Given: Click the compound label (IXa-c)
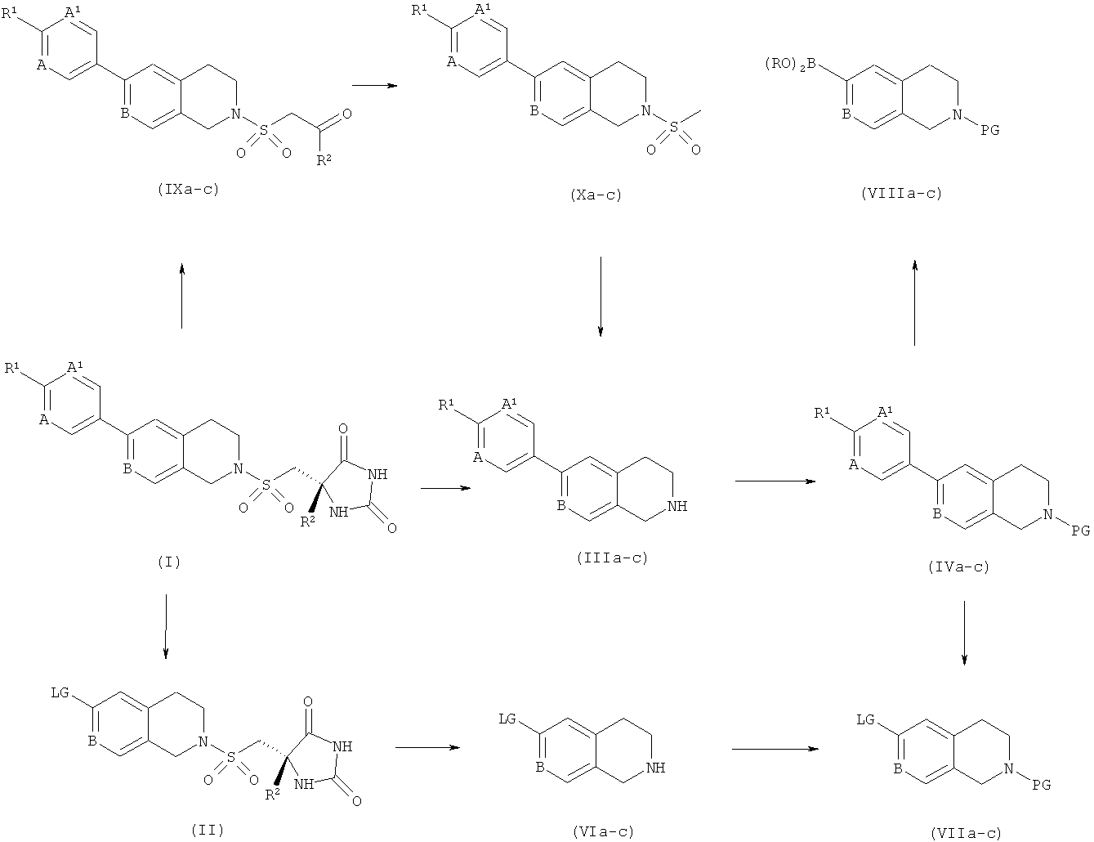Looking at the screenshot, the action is point(188,190).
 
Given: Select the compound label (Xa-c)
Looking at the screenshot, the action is point(596,195).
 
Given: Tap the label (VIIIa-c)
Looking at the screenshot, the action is point(901,193).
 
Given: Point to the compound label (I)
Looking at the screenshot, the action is point(169,562).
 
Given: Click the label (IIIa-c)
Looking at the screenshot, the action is point(612,558).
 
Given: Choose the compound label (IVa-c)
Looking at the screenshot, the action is point(958,567).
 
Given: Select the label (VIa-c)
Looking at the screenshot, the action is point(603,831).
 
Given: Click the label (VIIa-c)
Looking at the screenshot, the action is point(966,833).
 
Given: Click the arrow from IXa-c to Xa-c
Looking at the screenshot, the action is point(374,86).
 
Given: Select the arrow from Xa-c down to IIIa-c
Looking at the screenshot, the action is point(601,296).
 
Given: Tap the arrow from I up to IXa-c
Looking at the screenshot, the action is point(181,296).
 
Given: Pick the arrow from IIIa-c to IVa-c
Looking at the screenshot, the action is point(775,481).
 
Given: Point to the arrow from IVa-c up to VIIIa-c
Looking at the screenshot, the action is point(915,302).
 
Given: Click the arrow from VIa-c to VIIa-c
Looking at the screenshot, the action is point(775,749).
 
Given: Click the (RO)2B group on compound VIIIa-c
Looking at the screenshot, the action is point(790,65).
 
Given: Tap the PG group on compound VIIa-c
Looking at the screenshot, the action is point(1041,784).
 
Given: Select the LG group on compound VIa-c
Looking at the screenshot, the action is point(507,719).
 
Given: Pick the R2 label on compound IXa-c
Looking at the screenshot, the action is point(324,160).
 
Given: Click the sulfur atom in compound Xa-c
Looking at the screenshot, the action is point(673,128).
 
